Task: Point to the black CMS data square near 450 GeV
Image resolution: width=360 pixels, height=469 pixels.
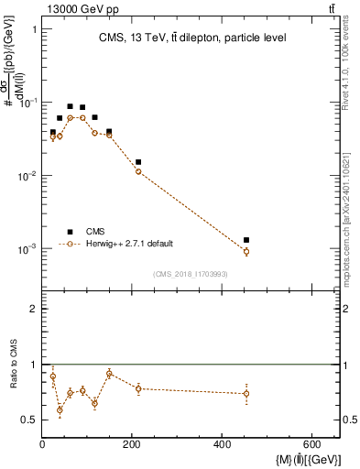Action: tap(245, 240)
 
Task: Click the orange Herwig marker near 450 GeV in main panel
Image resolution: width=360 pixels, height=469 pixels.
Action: tap(245, 251)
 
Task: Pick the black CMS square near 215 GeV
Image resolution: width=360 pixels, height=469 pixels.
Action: tap(138, 162)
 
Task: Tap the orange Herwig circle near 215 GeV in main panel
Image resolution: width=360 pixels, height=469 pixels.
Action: tap(138, 171)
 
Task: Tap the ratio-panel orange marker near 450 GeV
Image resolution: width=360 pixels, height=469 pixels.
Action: tap(245, 394)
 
